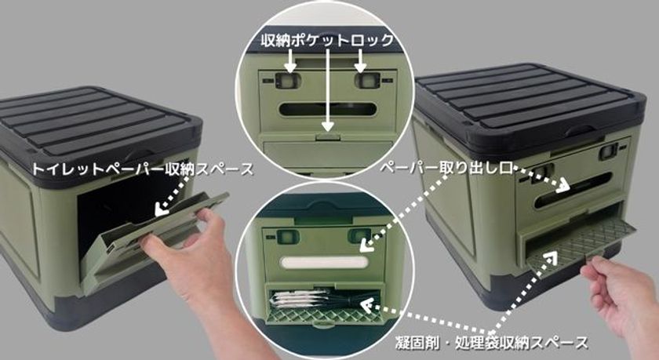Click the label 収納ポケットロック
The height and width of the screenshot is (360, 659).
327,40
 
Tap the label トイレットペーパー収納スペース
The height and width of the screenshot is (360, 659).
143,169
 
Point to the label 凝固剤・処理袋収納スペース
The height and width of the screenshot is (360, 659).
491,343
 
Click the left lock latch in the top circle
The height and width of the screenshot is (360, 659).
286,80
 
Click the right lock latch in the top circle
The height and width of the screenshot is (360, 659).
366,80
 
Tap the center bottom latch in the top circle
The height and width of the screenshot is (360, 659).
329,136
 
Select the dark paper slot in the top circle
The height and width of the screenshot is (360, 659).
327,110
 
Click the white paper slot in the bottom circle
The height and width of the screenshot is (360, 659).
324,263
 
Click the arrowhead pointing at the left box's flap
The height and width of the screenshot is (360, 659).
160,209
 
